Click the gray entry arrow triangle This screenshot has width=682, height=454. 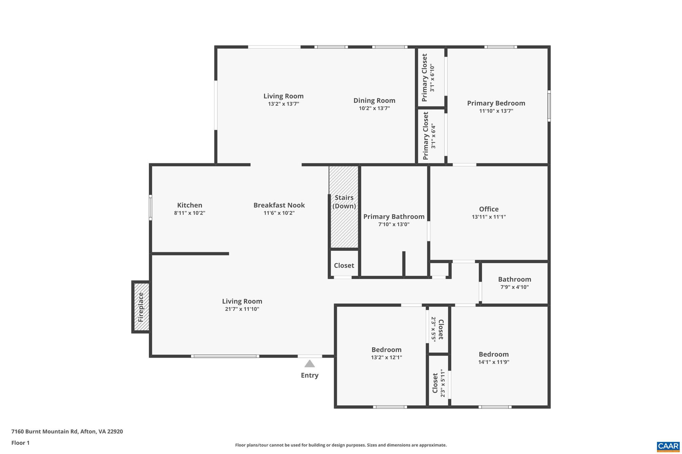coord(309,364)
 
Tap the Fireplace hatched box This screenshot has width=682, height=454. coord(141,307)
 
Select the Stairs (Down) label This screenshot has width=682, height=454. coord(344,202)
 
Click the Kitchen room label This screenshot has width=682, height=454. coord(189,205)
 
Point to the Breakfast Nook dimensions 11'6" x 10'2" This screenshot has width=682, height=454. coord(279,213)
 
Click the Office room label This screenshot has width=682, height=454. coord(489,209)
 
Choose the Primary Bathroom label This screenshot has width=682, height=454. coord(394,217)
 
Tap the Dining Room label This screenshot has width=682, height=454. coord(374,100)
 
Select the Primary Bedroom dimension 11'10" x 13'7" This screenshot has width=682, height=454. coord(496,111)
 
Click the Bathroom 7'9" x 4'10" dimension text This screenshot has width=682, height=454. coord(514,287)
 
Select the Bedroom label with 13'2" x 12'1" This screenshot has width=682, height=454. coord(386,350)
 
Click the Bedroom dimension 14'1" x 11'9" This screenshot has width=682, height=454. coord(494,362)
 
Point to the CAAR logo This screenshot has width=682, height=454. coord(668,446)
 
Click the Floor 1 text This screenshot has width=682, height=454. coord(20,443)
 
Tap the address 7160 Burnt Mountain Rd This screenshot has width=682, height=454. coord(67,431)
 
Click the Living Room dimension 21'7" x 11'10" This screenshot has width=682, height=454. coord(242,309)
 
